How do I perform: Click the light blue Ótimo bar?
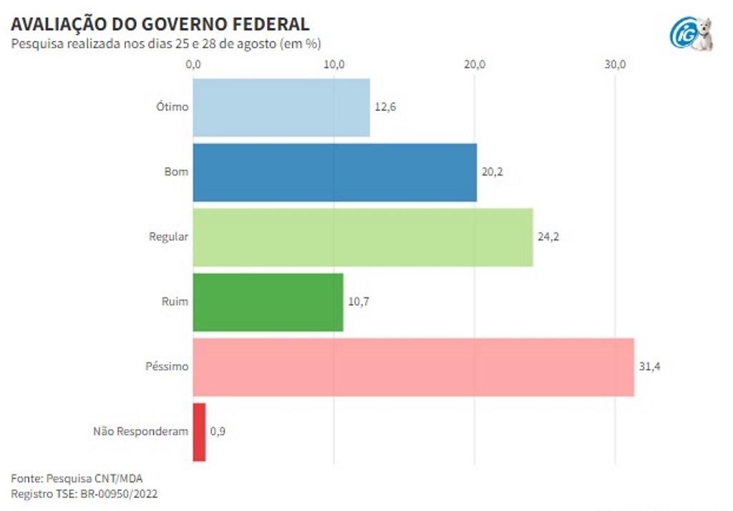click(x=281, y=108)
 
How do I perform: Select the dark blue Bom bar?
click(x=334, y=173)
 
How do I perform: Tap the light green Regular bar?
click(x=363, y=237)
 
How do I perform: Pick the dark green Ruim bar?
click(x=268, y=302)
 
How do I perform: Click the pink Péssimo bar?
click(x=413, y=367)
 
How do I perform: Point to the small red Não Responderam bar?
click(x=199, y=431)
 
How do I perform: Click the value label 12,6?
click(x=385, y=108)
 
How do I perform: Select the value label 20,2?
click(x=492, y=173)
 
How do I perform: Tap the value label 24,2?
click(x=548, y=237)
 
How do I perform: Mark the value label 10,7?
click(x=358, y=302)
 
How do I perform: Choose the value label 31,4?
click(x=649, y=367)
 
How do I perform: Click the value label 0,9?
click(x=218, y=431)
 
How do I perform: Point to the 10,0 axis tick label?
click(x=334, y=65)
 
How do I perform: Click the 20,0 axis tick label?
click(x=475, y=65)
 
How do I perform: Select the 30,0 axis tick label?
click(x=615, y=65)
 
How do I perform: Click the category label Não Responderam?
click(x=141, y=431)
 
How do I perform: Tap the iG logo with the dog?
click(x=691, y=34)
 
